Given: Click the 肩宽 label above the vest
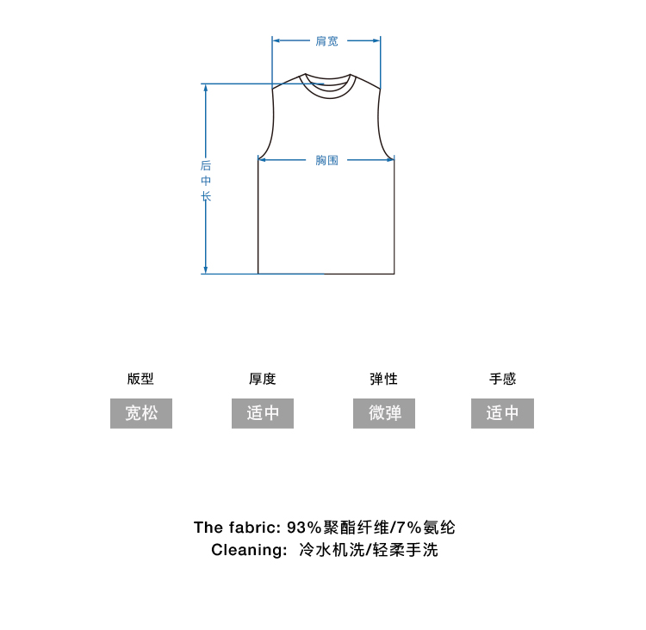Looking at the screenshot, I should (326, 40).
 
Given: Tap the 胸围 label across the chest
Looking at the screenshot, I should (326, 159).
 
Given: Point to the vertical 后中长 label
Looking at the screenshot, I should (206, 181).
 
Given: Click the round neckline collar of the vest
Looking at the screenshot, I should (326, 87).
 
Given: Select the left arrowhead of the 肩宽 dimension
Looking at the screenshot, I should (276, 40).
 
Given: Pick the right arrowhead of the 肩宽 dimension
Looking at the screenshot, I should (376, 40).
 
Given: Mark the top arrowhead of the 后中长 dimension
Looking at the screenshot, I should (206, 88).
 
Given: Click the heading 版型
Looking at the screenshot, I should (140, 379).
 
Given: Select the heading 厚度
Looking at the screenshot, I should (262, 379).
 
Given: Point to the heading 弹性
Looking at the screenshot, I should (383, 379).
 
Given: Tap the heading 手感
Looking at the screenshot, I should (502, 379).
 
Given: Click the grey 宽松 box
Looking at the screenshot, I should (141, 413).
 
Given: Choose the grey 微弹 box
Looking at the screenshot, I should (384, 413).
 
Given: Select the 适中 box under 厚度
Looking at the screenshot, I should (263, 413).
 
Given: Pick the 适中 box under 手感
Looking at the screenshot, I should (502, 413).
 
